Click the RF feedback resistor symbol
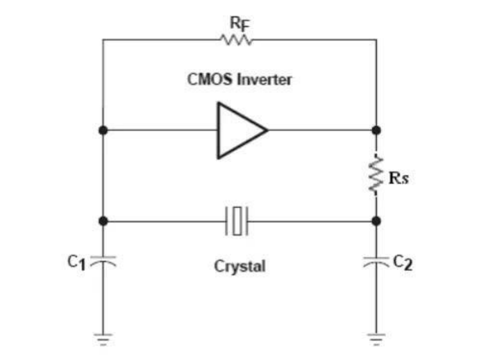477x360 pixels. coord(238,40)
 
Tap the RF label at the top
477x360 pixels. coord(238,25)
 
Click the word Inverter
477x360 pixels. coord(268,81)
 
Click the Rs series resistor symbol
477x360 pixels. coord(376,175)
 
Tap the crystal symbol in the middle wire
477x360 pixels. coord(238,221)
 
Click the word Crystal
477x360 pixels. coord(239,266)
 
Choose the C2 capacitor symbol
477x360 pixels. coord(376,261)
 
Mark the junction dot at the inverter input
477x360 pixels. coord(103,130)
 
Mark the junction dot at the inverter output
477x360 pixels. coord(376,130)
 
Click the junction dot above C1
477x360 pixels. coord(103,221)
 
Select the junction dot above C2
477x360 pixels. coord(376,221)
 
